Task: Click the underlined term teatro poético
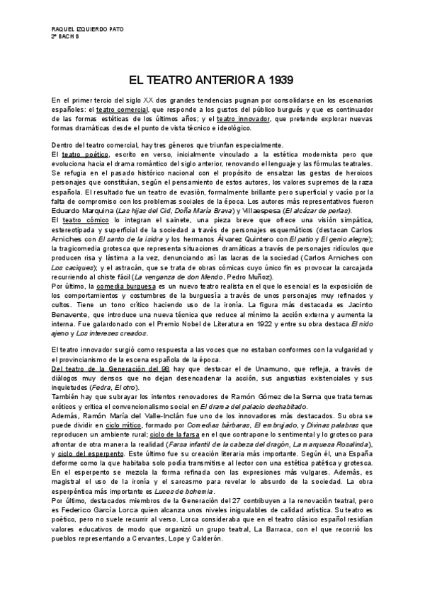[x=82, y=154]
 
